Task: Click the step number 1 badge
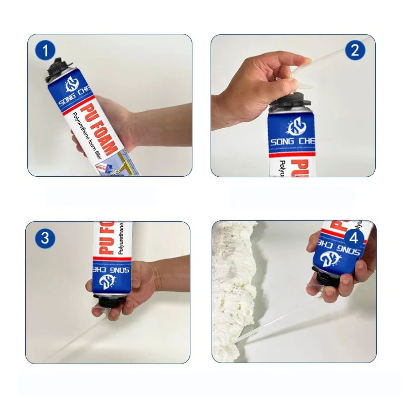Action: click(x=46, y=51)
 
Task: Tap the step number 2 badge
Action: click(x=355, y=50)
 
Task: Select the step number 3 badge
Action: click(x=45, y=237)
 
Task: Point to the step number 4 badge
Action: click(x=355, y=238)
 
